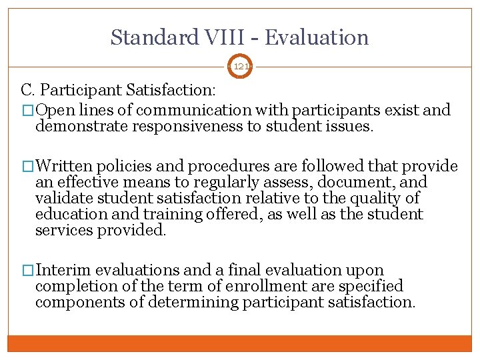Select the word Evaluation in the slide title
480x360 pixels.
(x=317, y=37)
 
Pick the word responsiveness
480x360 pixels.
(x=192, y=127)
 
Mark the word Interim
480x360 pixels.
(x=64, y=271)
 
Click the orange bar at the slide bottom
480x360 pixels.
(x=239, y=343)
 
